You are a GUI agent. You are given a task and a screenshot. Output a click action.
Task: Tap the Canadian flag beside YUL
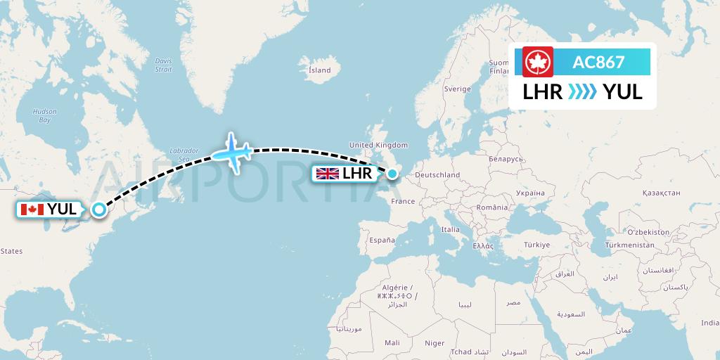click(32, 209)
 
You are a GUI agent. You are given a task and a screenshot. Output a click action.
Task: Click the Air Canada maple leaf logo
click(539, 61)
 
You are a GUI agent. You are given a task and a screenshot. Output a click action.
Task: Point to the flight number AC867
click(598, 62)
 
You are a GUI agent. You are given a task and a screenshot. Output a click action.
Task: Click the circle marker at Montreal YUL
click(99, 209)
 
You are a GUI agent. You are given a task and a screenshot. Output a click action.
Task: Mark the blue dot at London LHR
click(392, 171)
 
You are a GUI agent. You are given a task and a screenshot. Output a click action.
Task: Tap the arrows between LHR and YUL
click(582, 92)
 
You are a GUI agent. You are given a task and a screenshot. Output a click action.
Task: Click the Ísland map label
click(320, 70)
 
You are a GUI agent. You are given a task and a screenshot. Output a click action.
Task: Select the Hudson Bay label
click(45, 115)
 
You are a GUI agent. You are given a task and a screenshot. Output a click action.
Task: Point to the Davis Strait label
click(163, 65)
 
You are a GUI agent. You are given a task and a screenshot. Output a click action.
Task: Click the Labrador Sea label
click(184, 154)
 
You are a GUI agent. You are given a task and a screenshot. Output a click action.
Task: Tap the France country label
click(403, 201)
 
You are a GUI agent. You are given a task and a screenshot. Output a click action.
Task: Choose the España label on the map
click(383, 240)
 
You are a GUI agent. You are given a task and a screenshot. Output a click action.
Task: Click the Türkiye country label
click(536, 245)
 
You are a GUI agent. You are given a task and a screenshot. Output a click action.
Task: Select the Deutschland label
click(437, 175)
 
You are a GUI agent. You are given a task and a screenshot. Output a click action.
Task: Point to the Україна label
click(529, 192)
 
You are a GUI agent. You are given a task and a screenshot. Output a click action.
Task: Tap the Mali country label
click(392, 342)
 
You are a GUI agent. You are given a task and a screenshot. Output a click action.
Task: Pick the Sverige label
click(456, 89)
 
